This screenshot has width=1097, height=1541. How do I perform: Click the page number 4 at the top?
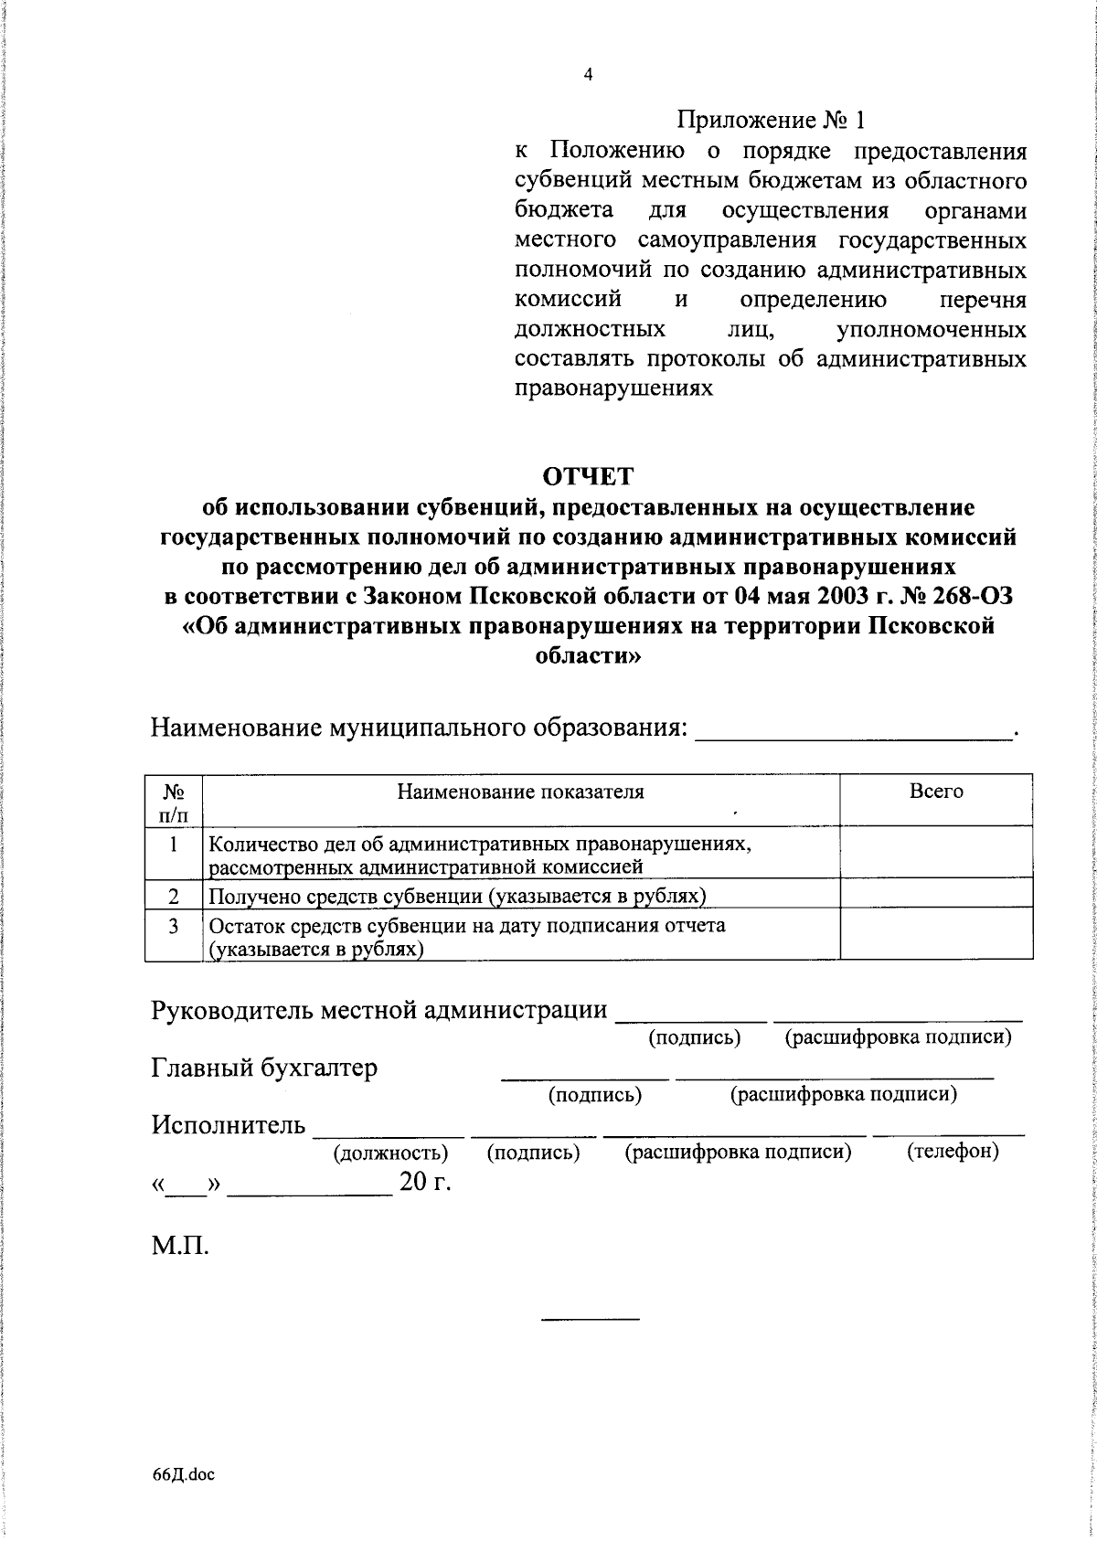coord(588,76)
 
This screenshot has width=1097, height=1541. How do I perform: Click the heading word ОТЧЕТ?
coord(588,477)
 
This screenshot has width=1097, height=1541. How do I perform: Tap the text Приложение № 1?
coord(770,120)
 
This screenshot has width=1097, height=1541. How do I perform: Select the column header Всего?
coord(936,792)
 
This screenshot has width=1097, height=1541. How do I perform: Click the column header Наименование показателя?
coord(519,792)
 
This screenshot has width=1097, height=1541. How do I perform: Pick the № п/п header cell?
coord(173,801)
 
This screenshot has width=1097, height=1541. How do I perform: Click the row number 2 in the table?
coord(173,896)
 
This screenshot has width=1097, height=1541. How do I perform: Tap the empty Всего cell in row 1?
coord(936,854)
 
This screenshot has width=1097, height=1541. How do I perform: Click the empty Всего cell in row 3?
coord(936,937)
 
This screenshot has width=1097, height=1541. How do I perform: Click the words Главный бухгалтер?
coord(264,1068)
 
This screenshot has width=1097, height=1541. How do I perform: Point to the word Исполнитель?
coord(229,1125)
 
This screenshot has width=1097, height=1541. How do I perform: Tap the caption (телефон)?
coord(953,1152)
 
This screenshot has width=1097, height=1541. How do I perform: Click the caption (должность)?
coord(391,1153)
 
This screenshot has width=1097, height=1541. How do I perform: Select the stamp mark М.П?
coord(180,1246)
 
